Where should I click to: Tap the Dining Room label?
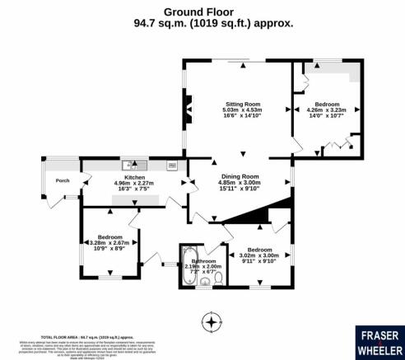[x=239, y=175]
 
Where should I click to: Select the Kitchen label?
[x=134, y=177]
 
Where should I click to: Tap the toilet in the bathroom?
[x=217, y=281]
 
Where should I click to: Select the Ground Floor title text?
[x=202, y=12]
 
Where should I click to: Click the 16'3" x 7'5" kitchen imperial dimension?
[x=134, y=190]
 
